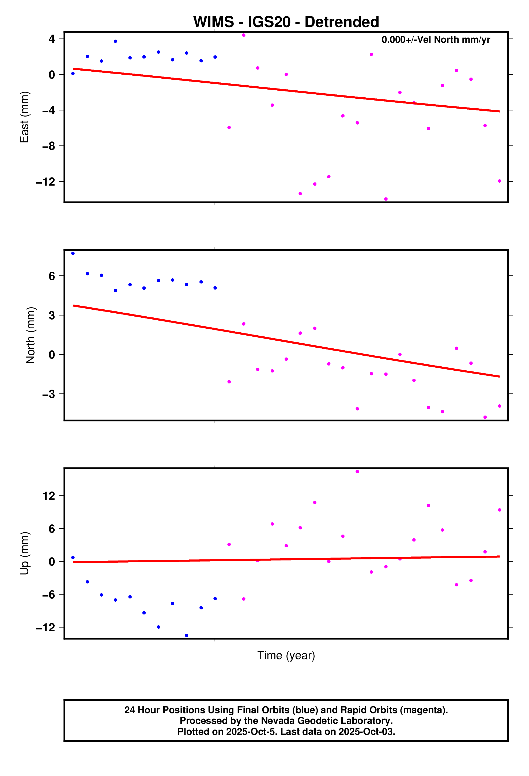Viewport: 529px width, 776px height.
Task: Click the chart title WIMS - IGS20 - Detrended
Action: click(x=286, y=22)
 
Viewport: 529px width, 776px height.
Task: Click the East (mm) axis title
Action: click(x=24, y=117)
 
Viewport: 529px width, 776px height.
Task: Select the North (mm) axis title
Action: click(x=31, y=335)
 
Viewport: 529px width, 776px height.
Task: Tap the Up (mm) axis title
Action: click(x=24, y=553)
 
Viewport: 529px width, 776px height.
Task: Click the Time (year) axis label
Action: click(x=286, y=655)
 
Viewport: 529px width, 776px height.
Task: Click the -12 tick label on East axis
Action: click(x=46, y=182)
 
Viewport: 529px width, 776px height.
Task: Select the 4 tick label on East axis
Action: click(x=51, y=39)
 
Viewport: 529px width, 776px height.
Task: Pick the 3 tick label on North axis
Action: click(x=51, y=315)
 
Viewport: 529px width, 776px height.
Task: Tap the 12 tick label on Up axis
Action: click(x=48, y=496)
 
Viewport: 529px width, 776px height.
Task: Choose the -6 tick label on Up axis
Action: click(x=48, y=595)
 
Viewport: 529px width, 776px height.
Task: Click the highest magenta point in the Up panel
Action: click(x=357, y=471)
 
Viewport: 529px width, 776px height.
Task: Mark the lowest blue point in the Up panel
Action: click(x=187, y=635)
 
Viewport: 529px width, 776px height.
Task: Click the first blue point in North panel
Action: click(x=73, y=253)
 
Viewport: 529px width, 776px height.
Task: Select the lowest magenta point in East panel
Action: click(x=386, y=199)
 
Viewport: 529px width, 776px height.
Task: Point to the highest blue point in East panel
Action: click(x=115, y=41)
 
